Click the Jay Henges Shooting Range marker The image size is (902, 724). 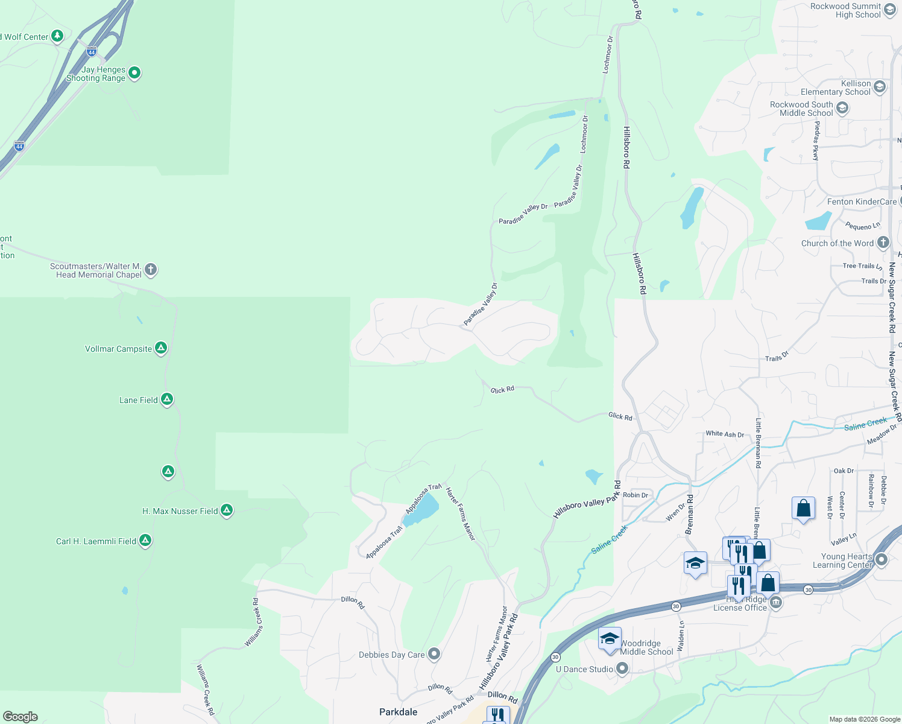click(134, 73)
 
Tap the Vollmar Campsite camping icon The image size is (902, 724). click(160, 348)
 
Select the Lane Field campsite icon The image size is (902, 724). click(167, 399)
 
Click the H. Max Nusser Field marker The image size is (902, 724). click(227, 510)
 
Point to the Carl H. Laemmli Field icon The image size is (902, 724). click(145, 541)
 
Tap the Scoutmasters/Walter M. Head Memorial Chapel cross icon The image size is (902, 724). click(151, 270)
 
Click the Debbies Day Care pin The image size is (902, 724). click(434, 654)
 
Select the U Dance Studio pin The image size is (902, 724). click(622, 668)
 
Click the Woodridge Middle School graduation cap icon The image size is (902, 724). click(610, 639)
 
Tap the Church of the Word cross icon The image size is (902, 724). click(883, 243)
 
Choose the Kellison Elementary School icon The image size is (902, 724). click(879, 87)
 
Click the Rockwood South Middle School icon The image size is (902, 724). click(842, 108)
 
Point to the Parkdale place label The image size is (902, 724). click(398, 712)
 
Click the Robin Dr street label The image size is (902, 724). click(635, 495)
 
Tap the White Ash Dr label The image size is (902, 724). click(725, 434)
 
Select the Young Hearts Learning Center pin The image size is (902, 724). click(881, 560)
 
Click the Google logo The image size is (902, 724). click(20, 716)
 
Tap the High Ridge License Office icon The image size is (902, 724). click(776, 602)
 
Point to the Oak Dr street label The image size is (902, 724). click(844, 471)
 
